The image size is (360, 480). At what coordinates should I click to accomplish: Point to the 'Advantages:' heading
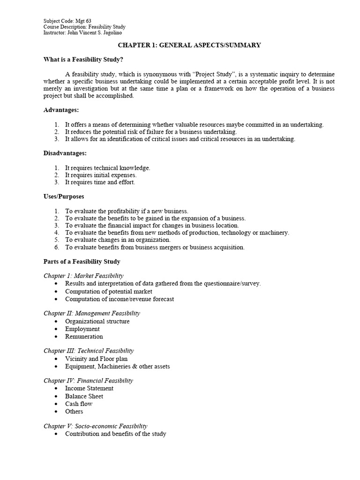click(61, 110)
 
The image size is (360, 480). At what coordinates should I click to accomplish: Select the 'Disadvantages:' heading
click(65, 153)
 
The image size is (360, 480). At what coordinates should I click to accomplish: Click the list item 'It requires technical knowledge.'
click(108, 168)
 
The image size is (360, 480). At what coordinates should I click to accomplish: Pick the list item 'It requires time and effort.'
click(100, 182)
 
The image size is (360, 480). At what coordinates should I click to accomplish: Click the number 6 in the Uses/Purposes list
click(56, 247)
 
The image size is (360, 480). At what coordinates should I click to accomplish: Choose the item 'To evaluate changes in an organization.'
click(119, 240)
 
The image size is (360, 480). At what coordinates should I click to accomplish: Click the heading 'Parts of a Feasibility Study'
click(82, 262)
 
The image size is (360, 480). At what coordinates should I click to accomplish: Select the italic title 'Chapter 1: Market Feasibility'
click(83, 276)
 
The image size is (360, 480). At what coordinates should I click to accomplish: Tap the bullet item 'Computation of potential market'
click(109, 292)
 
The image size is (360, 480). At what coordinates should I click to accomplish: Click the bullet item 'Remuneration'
click(84, 337)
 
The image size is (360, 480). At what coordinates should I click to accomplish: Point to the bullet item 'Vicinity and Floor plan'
click(96, 359)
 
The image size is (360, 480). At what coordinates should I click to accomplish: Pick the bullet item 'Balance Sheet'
click(84, 396)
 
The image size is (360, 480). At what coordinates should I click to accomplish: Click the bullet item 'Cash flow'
click(79, 404)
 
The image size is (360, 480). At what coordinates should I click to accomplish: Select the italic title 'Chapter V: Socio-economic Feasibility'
click(96, 426)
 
